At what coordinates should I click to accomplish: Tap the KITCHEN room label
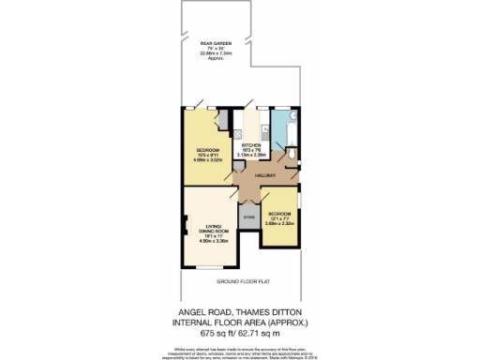(250, 145)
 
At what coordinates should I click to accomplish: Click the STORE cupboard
(249, 217)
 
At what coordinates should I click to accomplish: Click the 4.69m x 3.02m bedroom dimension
(208, 159)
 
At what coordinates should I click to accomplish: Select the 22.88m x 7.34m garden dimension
(217, 53)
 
